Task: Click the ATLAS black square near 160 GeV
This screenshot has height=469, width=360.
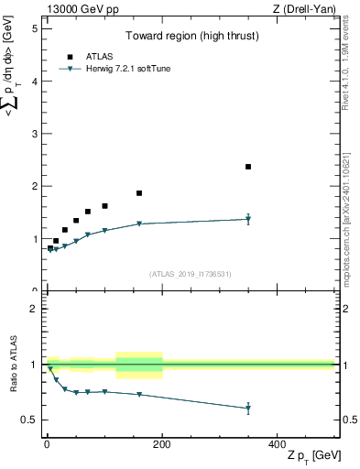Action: click(139, 193)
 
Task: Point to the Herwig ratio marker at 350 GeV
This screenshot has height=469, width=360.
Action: click(248, 409)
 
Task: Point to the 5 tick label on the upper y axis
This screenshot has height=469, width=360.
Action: click(35, 27)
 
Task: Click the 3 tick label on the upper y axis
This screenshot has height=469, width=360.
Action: click(35, 134)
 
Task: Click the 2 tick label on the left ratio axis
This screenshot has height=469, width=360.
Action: click(35, 309)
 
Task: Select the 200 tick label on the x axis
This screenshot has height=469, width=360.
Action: click(162, 443)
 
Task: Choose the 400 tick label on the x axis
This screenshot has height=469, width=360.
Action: click(278, 443)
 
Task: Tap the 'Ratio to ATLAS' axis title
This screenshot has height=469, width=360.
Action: click(13, 365)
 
